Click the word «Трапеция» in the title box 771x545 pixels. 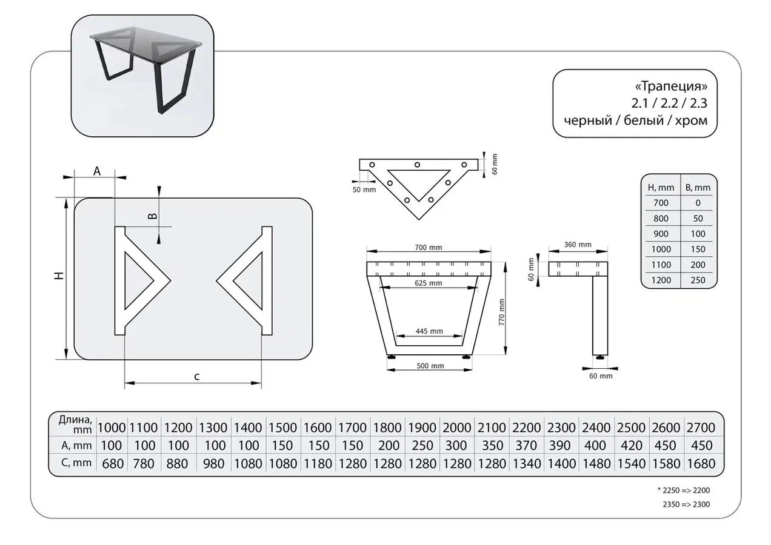(671, 85)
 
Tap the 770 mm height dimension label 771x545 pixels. (501, 312)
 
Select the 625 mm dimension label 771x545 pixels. (428, 283)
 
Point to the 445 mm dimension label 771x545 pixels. (429, 331)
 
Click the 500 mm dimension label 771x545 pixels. (430, 366)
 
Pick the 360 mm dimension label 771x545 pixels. (578, 245)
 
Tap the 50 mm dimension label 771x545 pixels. (364, 190)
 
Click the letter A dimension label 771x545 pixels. (97, 171)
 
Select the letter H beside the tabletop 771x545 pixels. (59, 276)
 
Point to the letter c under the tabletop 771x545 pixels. (197, 377)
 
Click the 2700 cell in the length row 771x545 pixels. (701, 428)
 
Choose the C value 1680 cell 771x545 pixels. (701, 463)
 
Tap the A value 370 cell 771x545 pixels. (526, 445)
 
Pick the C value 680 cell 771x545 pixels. (113, 463)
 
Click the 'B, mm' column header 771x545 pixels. (698, 188)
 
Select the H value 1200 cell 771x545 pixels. (661, 280)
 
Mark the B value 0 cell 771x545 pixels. (698, 203)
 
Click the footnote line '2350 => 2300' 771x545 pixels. (686, 504)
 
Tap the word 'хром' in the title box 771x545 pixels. (691, 121)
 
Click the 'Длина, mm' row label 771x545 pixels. (75, 424)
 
